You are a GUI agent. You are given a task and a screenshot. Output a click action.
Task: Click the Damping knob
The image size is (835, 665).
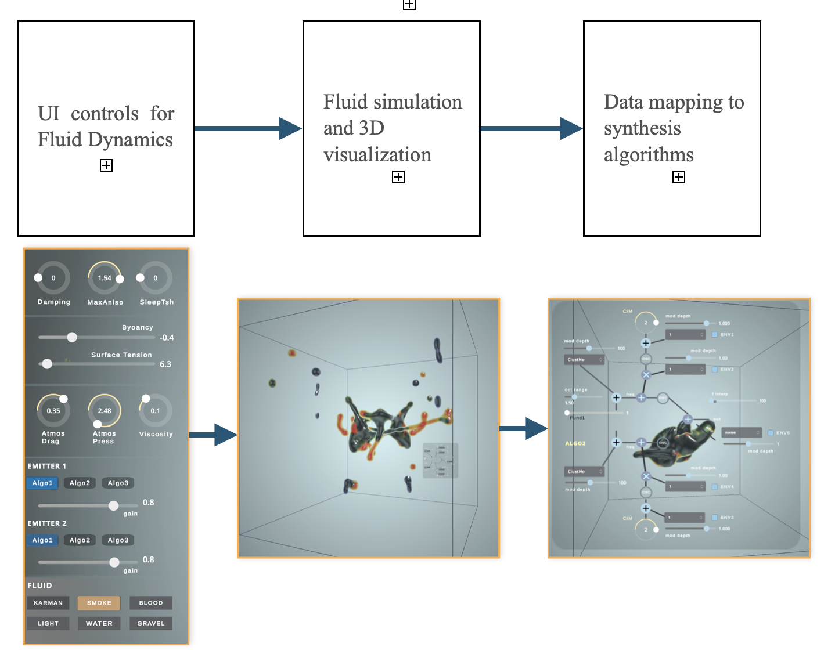pyautogui.click(x=53, y=279)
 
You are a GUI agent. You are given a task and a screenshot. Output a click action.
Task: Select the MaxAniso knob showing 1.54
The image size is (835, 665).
pyautogui.click(x=105, y=279)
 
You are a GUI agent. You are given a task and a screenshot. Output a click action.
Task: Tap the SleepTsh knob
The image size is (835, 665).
pyautogui.click(x=155, y=279)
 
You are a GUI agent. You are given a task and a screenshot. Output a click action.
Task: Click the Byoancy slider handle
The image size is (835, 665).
pyautogui.click(x=72, y=337)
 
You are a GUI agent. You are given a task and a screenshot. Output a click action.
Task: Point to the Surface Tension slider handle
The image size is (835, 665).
pyautogui.click(x=48, y=364)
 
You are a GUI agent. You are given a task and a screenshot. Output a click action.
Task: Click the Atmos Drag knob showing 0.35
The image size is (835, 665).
pyautogui.click(x=53, y=411)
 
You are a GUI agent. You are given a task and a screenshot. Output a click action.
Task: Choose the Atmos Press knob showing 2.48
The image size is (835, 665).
pyautogui.click(x=105, y=411)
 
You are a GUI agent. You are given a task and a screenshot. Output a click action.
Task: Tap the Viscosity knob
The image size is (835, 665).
pyautogui.click(x=155, y=411)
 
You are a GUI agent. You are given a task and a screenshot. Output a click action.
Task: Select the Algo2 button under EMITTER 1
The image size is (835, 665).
pyautogui.click(x=80, y=483)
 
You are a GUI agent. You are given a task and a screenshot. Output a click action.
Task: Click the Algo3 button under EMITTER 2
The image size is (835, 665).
pyautogui.click(x=118, y=540)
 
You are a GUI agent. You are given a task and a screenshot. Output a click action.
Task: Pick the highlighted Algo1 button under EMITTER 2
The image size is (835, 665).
pyautogui.click(x=42, y=540)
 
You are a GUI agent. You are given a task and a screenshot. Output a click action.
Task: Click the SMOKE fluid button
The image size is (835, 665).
pyautogui.click(x=99, y=603)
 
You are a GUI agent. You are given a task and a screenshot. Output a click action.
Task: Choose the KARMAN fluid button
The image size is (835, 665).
pyautogui.click(x=48, y=603)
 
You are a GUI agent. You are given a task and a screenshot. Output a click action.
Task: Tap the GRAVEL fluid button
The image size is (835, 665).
pyautogui.click(x=151, y=623)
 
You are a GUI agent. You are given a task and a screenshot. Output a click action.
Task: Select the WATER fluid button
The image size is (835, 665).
pyautogui.click(x=99, y=623)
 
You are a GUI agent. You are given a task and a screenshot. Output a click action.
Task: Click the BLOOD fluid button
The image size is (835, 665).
pyautogui.click(x=151, y=603)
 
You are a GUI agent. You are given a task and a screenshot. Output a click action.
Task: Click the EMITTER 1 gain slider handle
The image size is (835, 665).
pyautogui.click(x=114, y=505)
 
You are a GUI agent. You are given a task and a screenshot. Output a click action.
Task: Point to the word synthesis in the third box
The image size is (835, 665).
pyautogui.click(x=642, y=128)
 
